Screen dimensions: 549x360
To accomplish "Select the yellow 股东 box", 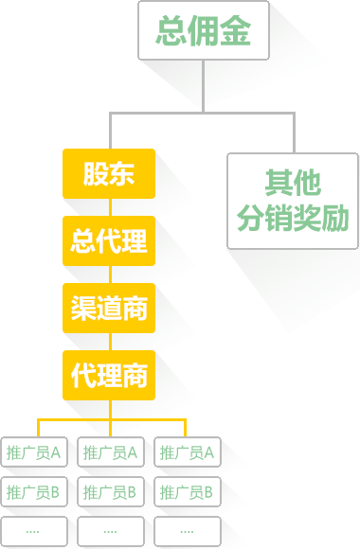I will pyautogui.click(x=109, y=174).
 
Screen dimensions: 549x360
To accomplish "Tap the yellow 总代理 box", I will pyautogui.click(x=109, y=240).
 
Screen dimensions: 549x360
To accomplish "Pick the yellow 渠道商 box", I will pyautogui.click(x=109, y=308).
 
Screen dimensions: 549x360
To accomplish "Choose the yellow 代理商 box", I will pyautogui.click(x=109, y=375).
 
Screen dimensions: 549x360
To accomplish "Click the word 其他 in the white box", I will pyautogui.click(x=293, y=182).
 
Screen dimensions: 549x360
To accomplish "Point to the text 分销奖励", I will pyautogui.click(x=293, y=220).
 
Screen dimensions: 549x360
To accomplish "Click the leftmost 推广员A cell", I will pyautogui.click(x=34, y=452).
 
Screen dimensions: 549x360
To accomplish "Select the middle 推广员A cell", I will pyautogui.click(x=111, y=452).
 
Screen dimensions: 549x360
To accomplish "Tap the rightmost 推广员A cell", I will pyautogui.click(x=188, y=452).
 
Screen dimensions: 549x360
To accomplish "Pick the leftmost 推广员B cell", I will pyautogui.click(x=34, y=492).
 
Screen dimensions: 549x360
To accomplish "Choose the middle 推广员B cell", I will pyautogui.click(x=111, y=492).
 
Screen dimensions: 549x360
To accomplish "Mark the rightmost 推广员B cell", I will pyautogui.click(x=188, y=492).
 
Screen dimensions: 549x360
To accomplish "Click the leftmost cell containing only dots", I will pyautogui.click(x=34, y=531).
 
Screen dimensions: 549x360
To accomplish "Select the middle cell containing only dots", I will pyautogui.click(x=111, y=531).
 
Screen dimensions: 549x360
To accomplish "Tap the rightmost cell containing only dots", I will pyautogui.click(x=188, y=531).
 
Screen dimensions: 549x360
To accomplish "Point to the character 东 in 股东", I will pyautogui.click(x=122, y=174).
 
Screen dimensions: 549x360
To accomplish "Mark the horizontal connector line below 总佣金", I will pyautogui.click(x=205, y=115).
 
